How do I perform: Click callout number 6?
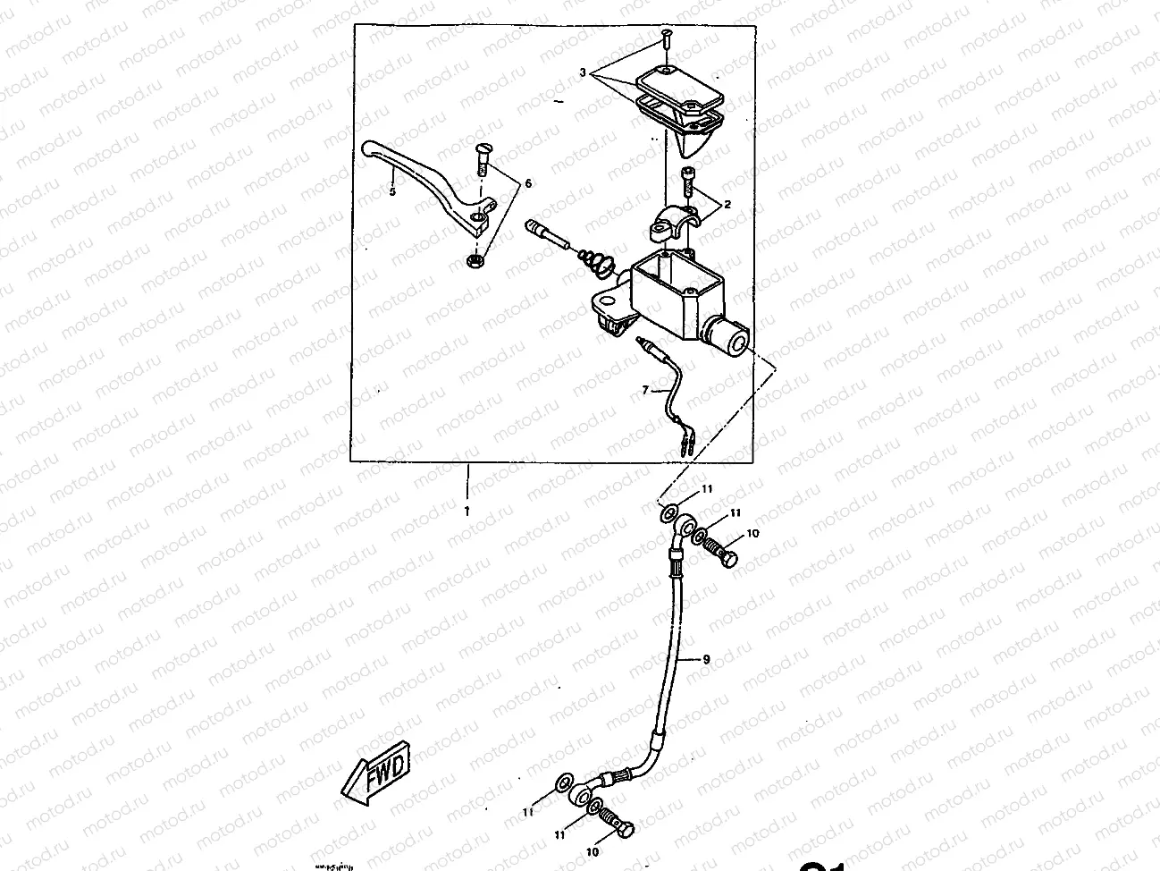click(x=527, y=183)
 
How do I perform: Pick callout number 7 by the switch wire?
click(x=643, y=391)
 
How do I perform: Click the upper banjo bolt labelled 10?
click(x=720, y=548)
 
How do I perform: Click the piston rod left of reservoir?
click(x=548, y=237)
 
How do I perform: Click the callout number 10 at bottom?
click(x=593, y=853)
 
